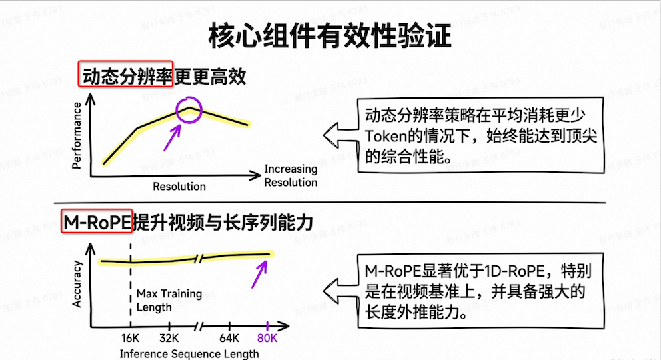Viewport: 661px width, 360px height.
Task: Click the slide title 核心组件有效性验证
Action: [330, 36]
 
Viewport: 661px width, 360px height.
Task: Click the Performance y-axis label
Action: [77, 135]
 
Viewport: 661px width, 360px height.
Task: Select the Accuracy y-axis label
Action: [77, 284]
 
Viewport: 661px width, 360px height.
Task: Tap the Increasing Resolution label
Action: [291, 175]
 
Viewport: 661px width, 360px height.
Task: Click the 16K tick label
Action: [130, 338]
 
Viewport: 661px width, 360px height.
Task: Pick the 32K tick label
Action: [169, 338]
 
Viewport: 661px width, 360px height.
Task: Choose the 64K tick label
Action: [229, 338]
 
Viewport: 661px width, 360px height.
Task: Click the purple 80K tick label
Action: [267, 338]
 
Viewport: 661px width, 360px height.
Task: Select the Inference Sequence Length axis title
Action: [189, 354]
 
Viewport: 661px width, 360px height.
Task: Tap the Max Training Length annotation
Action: [169, 300]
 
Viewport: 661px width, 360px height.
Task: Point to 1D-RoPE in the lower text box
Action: [514, 271]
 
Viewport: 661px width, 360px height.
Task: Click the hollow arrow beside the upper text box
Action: [340, 135]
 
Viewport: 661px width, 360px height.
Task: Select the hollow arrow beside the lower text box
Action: [340, 291]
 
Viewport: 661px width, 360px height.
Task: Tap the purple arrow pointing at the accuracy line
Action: [259, 275]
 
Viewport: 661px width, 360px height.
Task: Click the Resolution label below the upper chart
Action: [179, 186]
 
